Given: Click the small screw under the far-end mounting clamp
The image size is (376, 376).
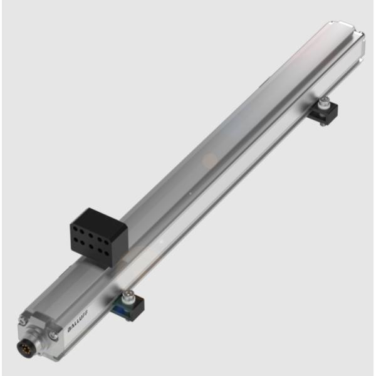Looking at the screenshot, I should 321,124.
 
